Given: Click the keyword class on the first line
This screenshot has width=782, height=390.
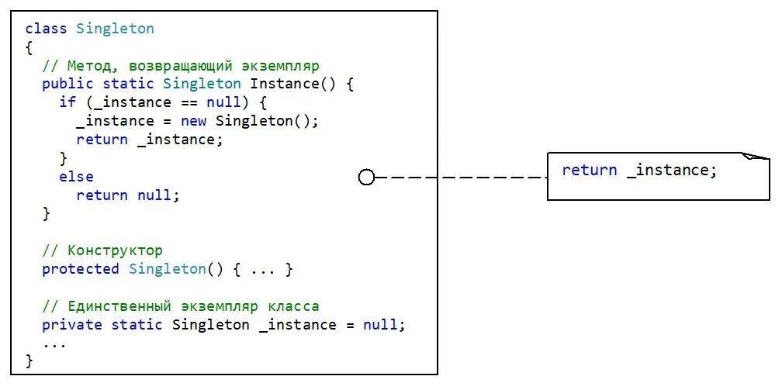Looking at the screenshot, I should point(47,29).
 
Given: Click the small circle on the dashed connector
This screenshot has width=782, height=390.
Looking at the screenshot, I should point(366,178).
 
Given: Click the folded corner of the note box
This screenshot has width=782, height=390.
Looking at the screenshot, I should point(756,157).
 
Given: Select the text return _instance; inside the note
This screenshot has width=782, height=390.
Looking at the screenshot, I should point(639,171).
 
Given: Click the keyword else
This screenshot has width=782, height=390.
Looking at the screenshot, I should point(76,177).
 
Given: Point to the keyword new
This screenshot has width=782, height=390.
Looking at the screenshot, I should point(193,121).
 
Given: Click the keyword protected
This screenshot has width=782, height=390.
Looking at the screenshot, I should point(81,269).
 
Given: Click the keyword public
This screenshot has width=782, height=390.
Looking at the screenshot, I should point(67,84).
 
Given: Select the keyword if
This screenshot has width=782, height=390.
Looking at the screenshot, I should point(67,102).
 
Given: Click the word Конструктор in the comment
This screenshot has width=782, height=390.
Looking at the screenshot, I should point(115,250).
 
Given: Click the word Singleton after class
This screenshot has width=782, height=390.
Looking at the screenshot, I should point(115,29).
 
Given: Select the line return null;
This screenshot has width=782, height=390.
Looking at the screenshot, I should point(127,195).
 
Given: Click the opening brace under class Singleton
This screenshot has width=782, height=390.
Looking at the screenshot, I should point(29,47).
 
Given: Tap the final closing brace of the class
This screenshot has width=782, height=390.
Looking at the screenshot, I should point(29,361).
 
